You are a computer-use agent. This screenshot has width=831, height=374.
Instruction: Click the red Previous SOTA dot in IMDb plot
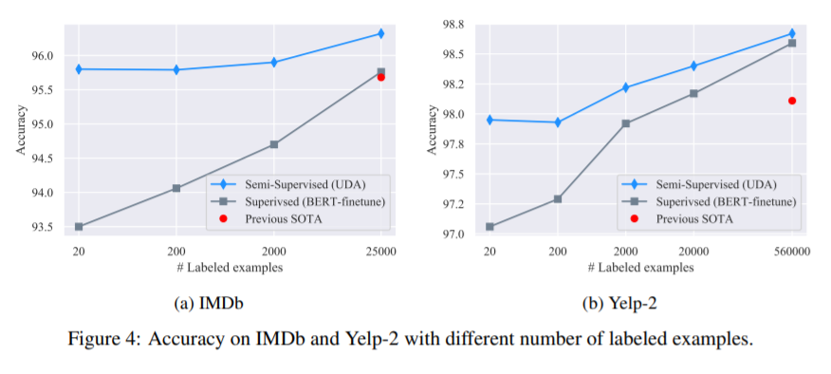pyautogui.click(x=380, y=77)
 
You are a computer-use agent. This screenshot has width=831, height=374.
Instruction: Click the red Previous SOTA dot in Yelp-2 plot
pyautogui.click(x=791, y=101)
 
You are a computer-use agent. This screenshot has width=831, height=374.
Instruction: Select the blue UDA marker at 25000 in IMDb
pyautogui.click(x=380, y=33)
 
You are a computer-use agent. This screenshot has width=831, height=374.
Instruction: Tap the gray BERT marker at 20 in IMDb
pyautogui.click(x=79, y=227)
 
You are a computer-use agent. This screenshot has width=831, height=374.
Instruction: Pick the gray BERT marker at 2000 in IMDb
pyautogui.click(x=274, y=144)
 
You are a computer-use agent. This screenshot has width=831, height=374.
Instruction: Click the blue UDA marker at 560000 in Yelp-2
pyautogui.click(x=791, y=34)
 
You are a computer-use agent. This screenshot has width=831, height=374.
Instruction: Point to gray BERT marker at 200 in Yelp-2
pyautogui.click(x=558, y=199)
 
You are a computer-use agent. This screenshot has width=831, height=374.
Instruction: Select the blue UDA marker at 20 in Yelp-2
pyautogui.click(x=489, y=120)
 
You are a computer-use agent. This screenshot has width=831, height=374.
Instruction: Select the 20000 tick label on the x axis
pyautogui.click(x=693, y=252)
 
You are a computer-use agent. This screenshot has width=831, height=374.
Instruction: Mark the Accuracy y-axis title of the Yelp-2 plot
pyautogui.click(x=433, y=130)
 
